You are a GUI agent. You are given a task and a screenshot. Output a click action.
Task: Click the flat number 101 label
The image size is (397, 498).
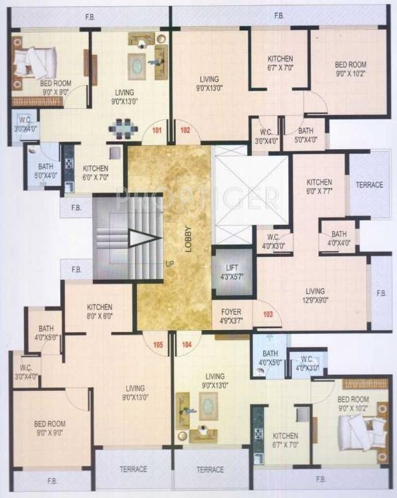(156, 130)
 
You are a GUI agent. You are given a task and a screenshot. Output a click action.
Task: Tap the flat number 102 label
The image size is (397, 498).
(185, 130)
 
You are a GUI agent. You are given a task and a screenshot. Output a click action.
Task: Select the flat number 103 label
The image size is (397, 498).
(267, 314)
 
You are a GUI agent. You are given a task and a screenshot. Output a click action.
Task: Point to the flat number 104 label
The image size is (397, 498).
(187, 344)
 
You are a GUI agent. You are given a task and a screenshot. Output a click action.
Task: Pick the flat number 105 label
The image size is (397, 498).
(158, 344)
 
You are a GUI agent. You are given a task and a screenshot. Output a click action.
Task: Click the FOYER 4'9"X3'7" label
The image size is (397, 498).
(231, 316)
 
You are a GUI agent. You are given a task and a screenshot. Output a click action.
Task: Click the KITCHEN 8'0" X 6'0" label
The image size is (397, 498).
(99, 311)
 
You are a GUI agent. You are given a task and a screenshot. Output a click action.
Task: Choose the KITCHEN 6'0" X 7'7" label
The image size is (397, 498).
(319, 187)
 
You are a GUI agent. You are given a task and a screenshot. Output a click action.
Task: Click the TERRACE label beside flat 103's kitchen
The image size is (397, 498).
(370, 185)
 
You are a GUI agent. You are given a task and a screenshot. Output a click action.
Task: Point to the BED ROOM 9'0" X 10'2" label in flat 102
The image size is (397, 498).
(350, 69)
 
